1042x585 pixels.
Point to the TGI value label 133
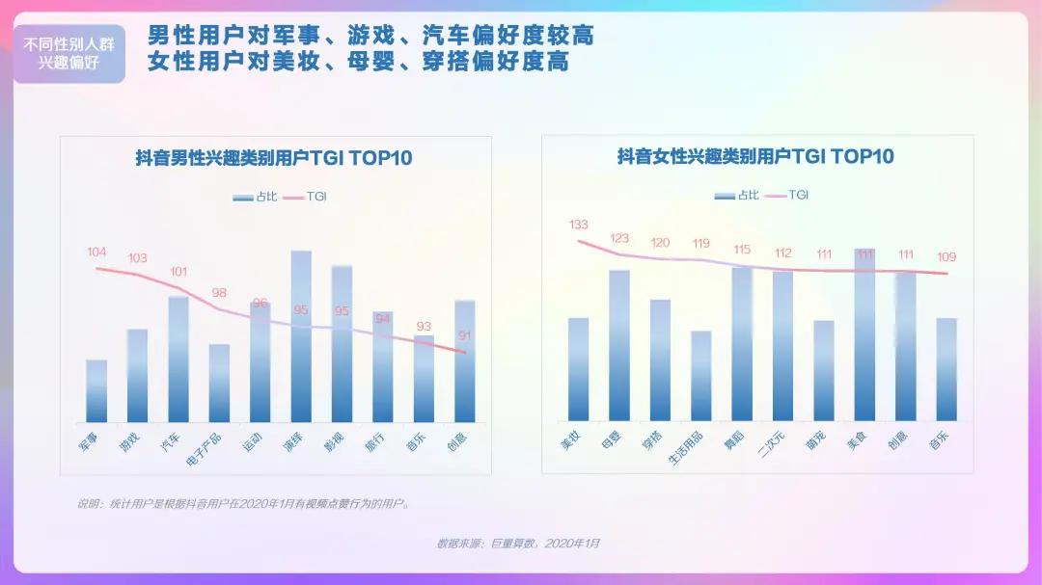pos(578,225)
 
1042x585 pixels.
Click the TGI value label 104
pos(96,253)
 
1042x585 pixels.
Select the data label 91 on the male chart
pos(465,336)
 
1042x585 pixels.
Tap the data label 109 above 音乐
pos(946,257)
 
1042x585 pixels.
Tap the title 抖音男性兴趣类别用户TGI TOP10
pos(274,158)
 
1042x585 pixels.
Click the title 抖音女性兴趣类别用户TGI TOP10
pos(755,156)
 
